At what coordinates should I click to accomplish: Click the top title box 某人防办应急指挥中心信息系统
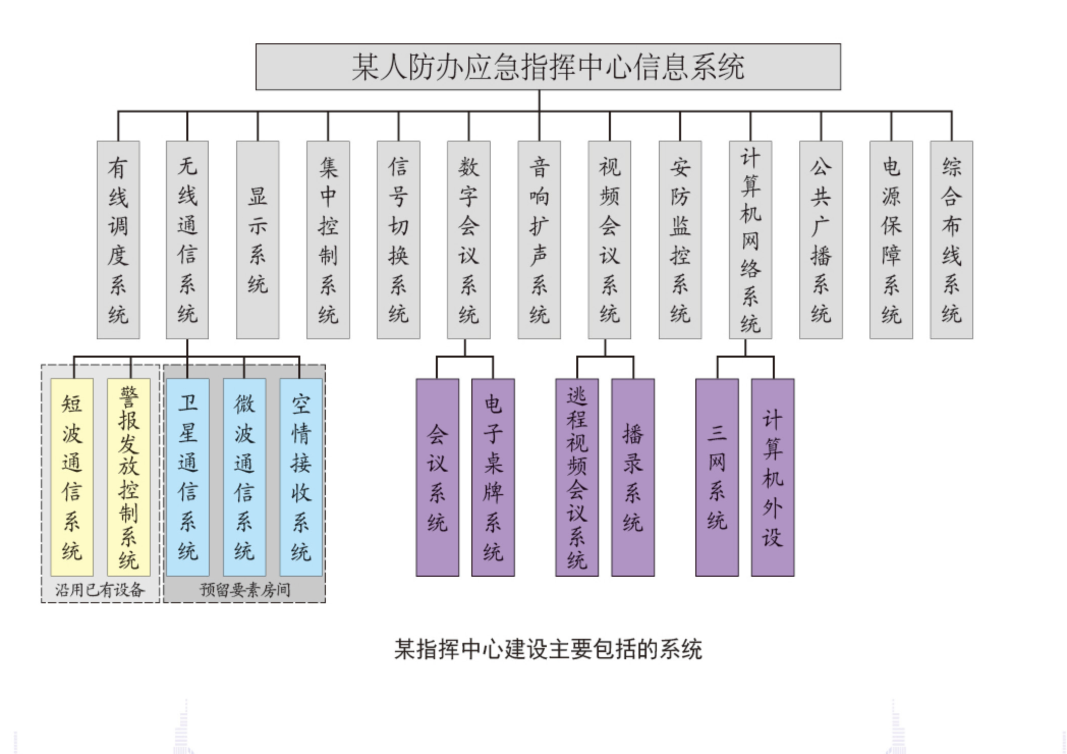click(548, 67)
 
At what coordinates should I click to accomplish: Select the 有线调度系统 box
click(118, 240)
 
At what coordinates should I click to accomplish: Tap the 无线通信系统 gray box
click(187, 240)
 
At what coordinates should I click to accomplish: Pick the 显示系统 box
click(258, 240)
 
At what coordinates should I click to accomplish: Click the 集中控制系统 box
click(328, 240)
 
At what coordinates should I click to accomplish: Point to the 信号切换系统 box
click(398, 240)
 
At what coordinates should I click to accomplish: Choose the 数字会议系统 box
click(468, 240)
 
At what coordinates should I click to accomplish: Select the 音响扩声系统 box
click(539, 240)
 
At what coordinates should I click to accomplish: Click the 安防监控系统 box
click(680, 240)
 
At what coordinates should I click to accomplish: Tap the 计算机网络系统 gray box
click(750, 240)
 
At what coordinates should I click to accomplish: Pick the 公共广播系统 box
click(821, 240)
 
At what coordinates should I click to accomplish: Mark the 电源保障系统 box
click(891, 240)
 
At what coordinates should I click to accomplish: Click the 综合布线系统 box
click(951, 240)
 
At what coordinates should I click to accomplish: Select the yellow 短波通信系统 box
click(72, 477)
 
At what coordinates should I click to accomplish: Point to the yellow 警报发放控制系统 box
click(128, 477)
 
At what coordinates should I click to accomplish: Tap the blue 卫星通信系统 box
click(188, 477)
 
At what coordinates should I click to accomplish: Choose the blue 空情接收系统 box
click(301, 477)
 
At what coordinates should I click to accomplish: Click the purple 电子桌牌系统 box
click(493, 477)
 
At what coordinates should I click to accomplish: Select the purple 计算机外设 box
click(773, 477)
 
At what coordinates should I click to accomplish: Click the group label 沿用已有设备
click(100, 590)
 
